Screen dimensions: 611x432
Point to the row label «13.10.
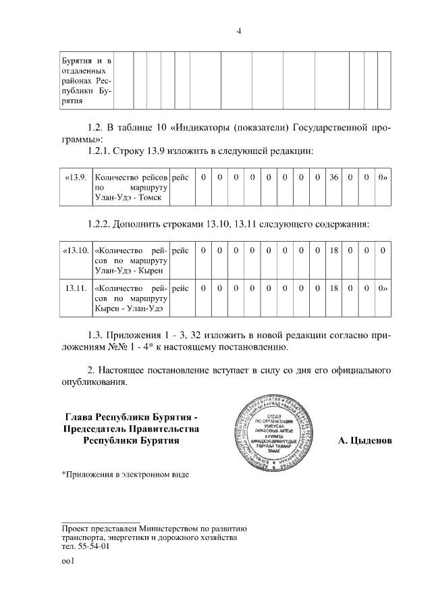tap(75, 250)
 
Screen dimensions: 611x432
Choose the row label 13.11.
tap(75, 288)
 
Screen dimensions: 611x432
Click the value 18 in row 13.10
tap(333, 250)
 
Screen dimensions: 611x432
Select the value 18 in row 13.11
tap(333, 288)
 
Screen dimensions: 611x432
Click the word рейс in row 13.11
tap(180, 288)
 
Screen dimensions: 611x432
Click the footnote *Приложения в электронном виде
tap(126, 474)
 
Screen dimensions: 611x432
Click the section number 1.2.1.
tap(101, 149)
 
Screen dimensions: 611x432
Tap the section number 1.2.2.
tap(101, 223)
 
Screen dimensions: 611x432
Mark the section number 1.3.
tap(97, 334)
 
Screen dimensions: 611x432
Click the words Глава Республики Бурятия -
tap(131, 416)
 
